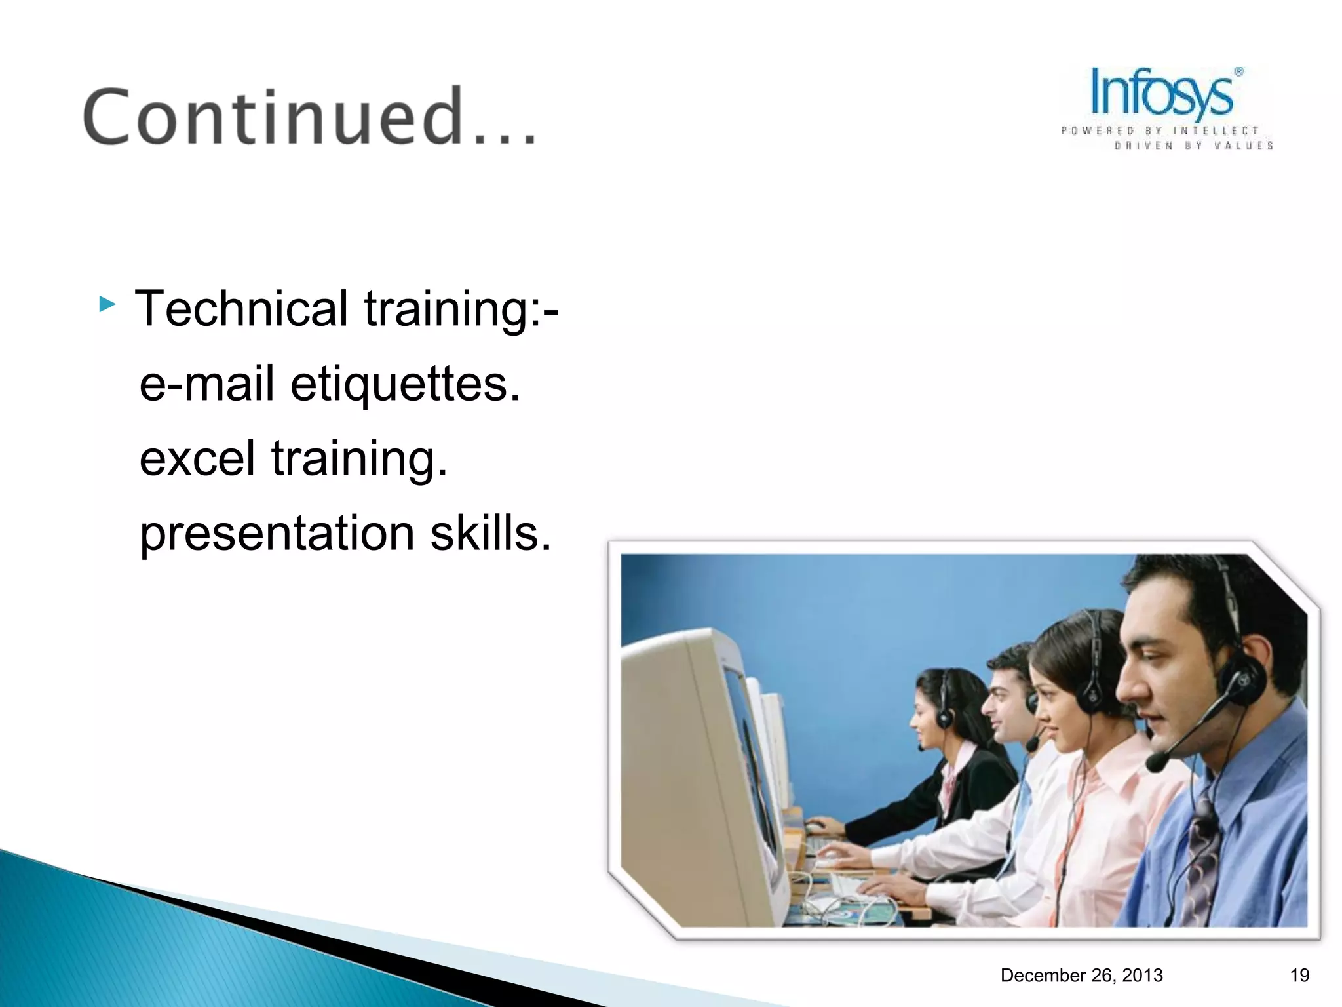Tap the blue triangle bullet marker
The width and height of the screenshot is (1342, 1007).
pos(107,304)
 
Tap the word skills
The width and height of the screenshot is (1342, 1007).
pos(490,532)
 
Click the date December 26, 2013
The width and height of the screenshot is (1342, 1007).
pos(1081,976)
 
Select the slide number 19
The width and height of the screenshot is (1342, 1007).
pos(1299,976)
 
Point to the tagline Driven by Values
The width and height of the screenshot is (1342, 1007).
pos(1193,146)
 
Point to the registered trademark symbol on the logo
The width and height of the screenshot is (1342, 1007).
pos(1238,72)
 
